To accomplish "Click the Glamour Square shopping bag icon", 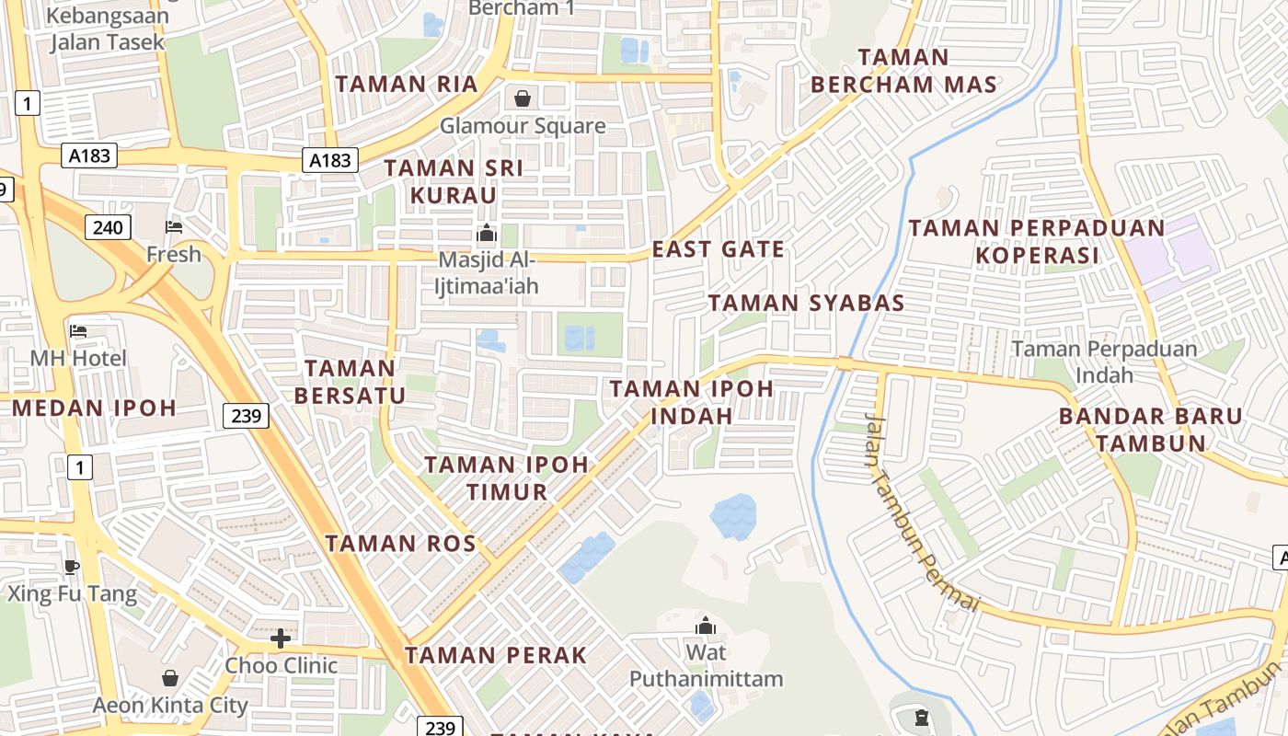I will pos(523,98).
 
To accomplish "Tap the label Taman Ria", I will pos(407,85).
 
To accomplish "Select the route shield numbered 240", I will pos(109,226).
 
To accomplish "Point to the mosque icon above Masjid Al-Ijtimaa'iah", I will pos(487,233).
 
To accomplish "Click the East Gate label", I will pos(719,249).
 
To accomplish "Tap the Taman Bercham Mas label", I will pos(903,71).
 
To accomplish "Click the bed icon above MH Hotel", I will pos(78,330).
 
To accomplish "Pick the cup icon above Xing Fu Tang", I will pos(72,567).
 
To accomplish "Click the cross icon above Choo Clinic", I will pos(281,638).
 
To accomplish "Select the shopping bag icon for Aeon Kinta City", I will pos(170,678).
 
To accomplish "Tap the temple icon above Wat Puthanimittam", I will pos(706,626).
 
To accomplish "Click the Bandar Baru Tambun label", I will pos(1150,429).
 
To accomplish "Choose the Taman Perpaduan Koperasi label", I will pos(1037,241).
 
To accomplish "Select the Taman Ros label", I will pos(400,544).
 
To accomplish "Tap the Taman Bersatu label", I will pos(351,382).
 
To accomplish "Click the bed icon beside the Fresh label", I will pos(173,226).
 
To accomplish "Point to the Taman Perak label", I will pos(496,656).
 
